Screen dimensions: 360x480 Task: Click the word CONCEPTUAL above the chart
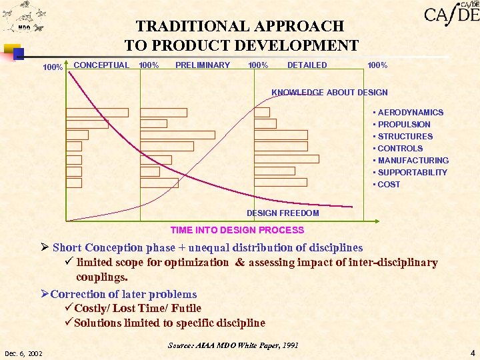tap(101, 65)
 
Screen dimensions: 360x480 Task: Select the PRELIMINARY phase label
tap(202, 65)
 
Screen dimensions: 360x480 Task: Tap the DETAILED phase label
tap(307, 65)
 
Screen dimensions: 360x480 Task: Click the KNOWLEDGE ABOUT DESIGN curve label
tap(329, 93)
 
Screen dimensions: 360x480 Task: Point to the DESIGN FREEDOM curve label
tap(283, 213)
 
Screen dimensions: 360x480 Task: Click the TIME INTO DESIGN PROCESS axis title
tap(237, 230)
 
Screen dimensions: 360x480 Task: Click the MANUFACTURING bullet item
tap(413, 161)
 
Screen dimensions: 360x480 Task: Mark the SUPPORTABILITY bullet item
tap(412, 173)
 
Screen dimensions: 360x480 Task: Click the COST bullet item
tap(389, 185)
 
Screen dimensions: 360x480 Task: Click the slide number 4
tap(472, 353)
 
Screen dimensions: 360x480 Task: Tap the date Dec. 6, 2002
tap(23, 353)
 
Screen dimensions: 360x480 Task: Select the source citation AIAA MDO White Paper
tap(233, 345)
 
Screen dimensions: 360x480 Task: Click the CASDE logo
tap(451, 13)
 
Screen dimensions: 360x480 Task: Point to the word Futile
tap(186, 308)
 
